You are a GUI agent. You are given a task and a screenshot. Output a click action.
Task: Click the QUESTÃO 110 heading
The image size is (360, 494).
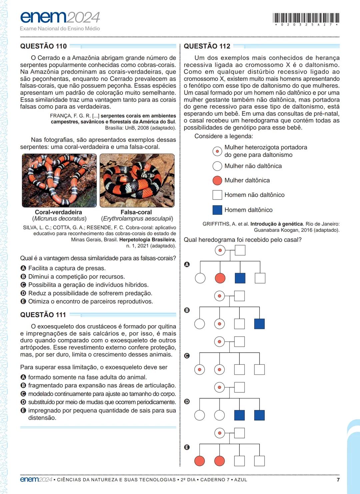point(43,46)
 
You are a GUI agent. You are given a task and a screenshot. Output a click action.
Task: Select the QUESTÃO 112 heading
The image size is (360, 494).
point(207,46)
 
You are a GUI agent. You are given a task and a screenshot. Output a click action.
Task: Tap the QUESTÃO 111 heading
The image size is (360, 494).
point(43,315)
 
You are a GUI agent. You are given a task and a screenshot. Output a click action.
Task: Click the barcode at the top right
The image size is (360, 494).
point(306,18)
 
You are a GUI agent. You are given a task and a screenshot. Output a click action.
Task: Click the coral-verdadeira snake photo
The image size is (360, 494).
point(59,180)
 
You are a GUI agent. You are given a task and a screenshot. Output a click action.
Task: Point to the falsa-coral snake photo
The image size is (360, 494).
point(137,180)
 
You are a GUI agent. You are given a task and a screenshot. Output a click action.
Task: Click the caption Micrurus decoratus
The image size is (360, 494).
point(59,219)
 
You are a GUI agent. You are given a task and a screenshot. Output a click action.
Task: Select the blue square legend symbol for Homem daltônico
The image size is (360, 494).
point(217,210)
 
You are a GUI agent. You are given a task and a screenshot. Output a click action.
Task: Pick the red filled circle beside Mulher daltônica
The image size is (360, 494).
point(217,180)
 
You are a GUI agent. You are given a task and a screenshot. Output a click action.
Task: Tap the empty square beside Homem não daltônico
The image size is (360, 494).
point(217,195)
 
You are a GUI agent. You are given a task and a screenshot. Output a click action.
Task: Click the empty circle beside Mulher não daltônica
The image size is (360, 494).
point(217,166)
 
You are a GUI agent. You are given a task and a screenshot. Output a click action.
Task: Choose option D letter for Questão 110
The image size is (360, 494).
point(23,293)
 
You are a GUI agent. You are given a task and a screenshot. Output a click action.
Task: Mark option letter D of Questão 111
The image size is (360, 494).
point(23,402)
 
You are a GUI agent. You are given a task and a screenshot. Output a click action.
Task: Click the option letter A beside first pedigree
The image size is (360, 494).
point(187,264)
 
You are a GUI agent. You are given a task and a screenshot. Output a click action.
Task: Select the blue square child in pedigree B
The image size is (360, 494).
point(259,324)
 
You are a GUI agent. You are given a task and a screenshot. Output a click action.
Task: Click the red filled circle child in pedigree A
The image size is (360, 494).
point(220,278)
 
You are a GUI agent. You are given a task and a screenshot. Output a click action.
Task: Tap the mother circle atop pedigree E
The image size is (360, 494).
point(219,433)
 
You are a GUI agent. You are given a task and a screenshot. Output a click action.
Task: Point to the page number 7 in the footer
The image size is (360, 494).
point(338,480)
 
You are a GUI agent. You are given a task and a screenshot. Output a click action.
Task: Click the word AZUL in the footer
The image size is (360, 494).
point(241,480)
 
